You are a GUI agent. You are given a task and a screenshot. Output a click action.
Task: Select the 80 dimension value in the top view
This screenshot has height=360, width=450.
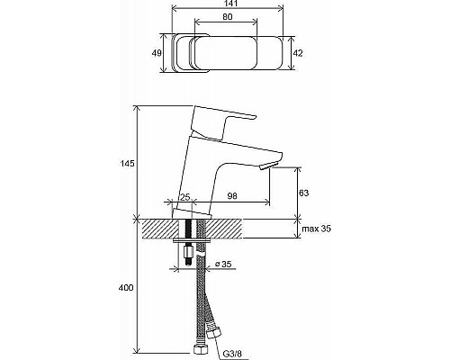[228, 17]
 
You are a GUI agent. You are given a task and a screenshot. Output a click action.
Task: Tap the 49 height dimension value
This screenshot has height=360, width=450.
[157, 53]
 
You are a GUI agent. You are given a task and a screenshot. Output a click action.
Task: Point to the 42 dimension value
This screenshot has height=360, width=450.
[298, 53]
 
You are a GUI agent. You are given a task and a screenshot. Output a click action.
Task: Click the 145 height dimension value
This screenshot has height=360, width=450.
[127, 164]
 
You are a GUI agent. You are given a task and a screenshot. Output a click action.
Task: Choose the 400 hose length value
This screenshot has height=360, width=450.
[126, 288]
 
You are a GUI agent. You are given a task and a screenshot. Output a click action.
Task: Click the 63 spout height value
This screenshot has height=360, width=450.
[303, 193]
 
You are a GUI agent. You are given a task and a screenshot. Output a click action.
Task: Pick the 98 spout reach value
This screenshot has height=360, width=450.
[232, 196]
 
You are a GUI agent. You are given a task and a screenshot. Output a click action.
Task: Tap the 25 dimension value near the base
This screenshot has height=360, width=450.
[185, 197]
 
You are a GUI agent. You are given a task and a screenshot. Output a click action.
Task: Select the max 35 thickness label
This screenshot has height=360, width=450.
[316, 229]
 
